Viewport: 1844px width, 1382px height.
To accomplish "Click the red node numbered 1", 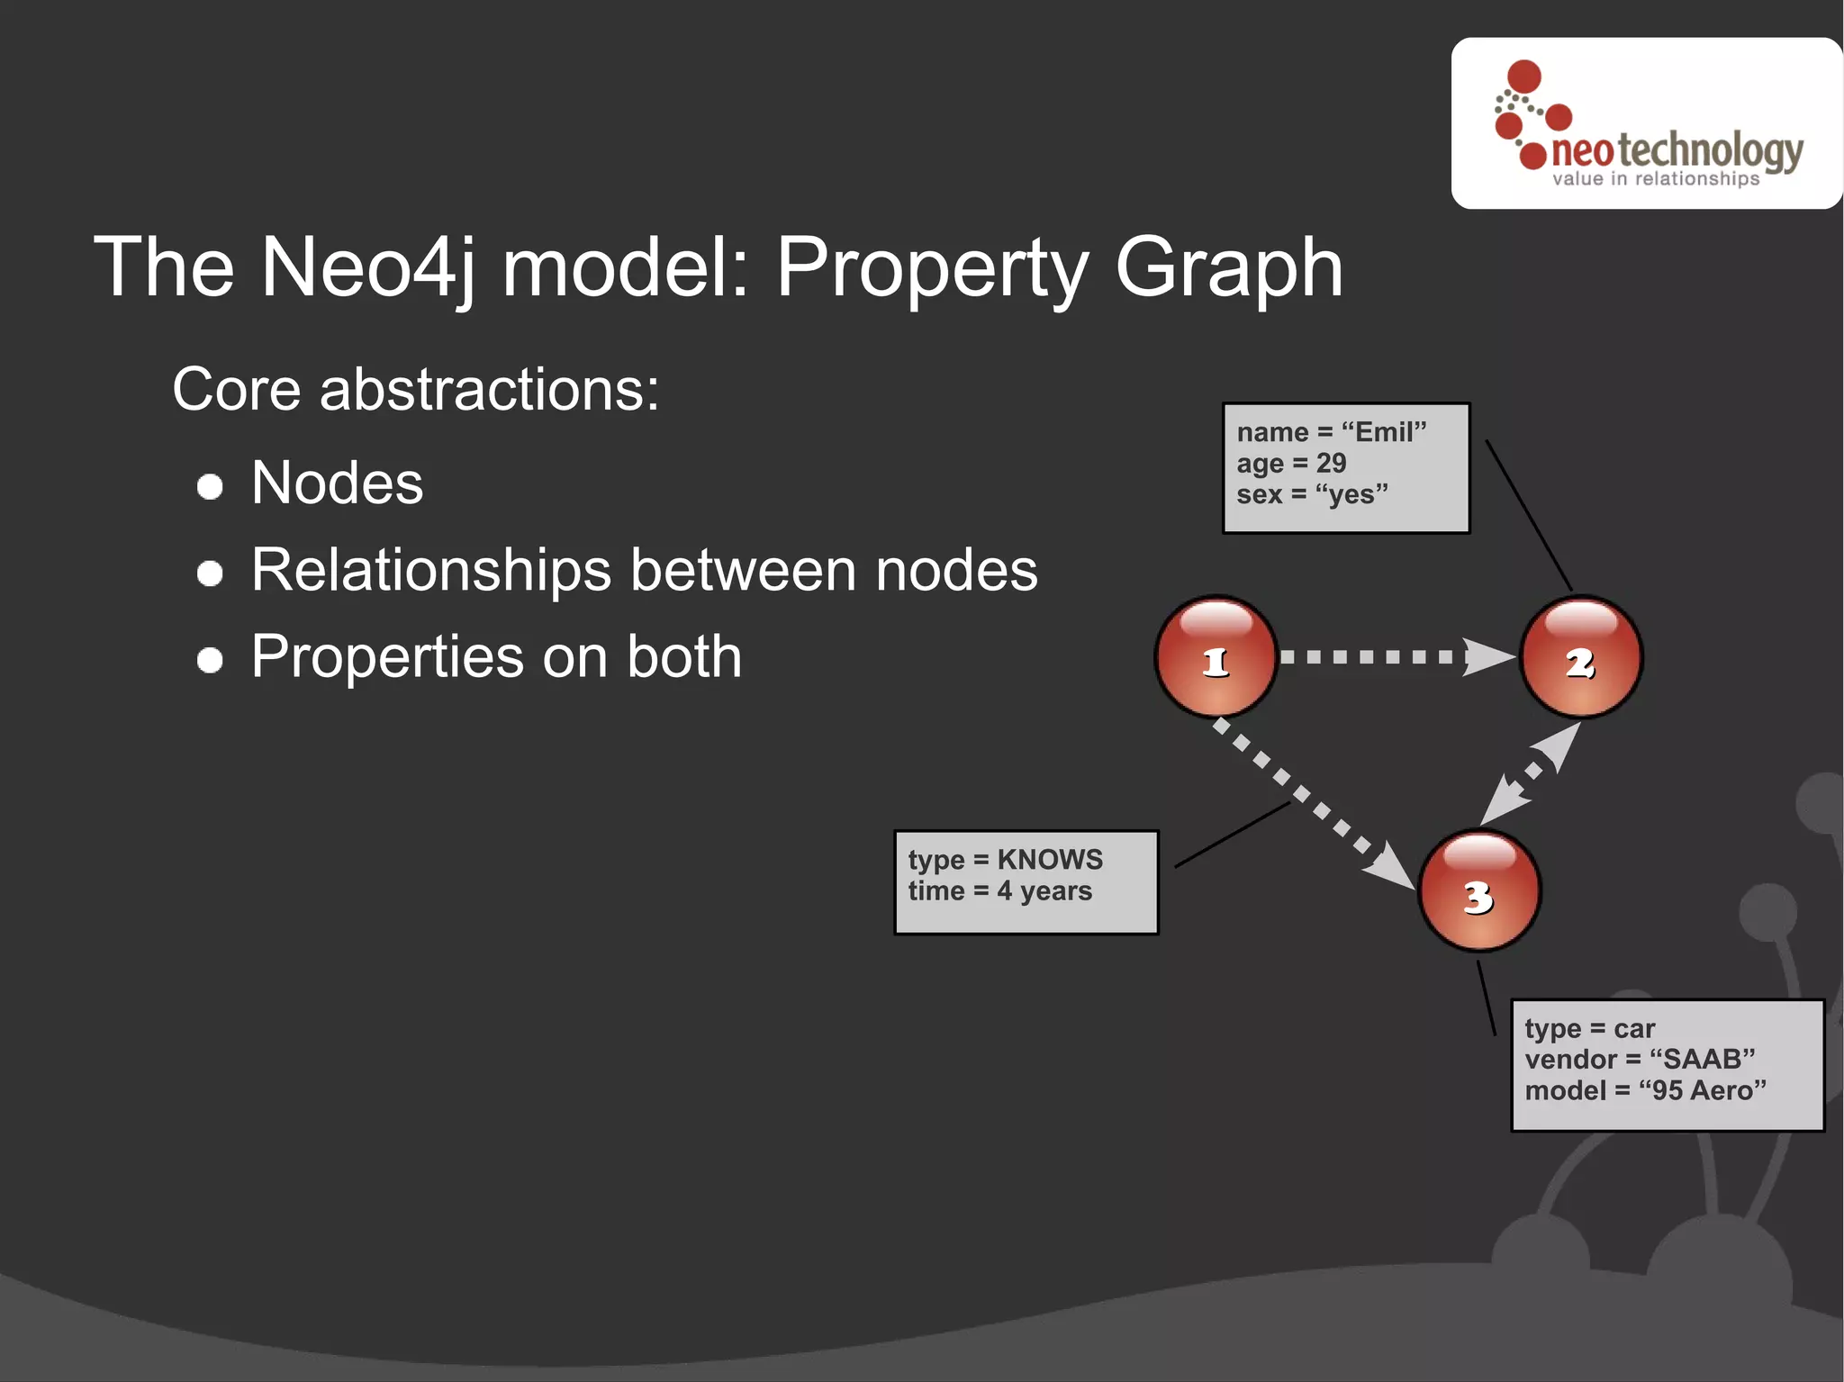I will [1216, 657].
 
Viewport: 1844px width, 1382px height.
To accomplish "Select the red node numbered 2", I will [1581, 657].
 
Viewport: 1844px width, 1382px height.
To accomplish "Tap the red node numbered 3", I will [1479, 890].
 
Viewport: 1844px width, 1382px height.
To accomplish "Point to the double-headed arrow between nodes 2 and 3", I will [1531, 774].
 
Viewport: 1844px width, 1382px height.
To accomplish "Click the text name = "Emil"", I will [1331, 432].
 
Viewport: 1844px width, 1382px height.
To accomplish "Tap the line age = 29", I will [1290, 464].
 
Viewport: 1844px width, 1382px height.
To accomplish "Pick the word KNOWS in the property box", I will [1049, 860].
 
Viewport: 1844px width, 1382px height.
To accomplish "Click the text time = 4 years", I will [999, 891].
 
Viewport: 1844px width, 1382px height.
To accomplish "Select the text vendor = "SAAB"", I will [1639, 1060].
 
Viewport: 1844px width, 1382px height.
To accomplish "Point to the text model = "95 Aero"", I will [1645, 1091].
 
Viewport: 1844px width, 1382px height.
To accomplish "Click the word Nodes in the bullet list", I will [337, 483].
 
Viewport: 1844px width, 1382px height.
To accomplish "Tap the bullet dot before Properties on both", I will [210, 660].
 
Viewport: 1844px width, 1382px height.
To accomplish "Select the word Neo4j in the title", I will [369, 267].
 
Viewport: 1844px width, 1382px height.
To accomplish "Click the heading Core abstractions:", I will [415, 390].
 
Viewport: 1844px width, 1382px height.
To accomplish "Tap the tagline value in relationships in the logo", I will [1655, 179].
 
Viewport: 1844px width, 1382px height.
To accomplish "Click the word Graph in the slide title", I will [1228, 267].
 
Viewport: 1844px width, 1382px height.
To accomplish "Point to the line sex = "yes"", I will [1311, 495].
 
